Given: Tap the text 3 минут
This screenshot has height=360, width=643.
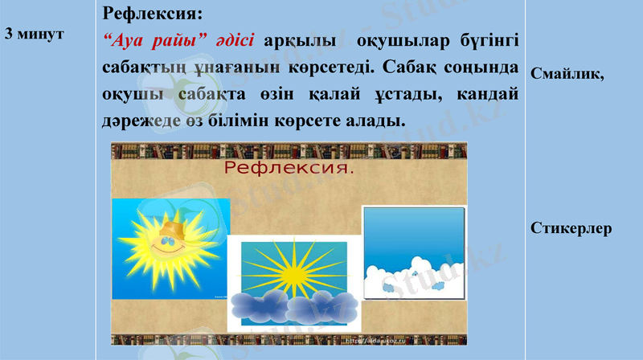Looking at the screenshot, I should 34,35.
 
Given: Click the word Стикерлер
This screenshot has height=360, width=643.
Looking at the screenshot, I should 571,228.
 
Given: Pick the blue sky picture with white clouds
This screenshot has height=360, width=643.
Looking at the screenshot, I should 414,253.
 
